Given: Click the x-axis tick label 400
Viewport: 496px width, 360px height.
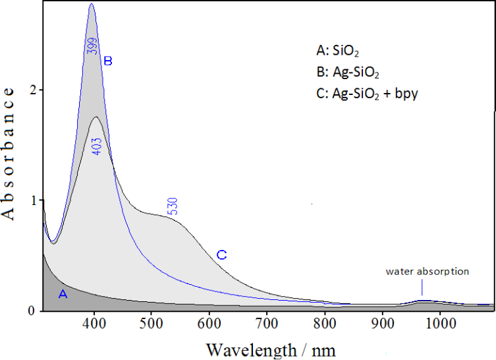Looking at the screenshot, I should (94, 323).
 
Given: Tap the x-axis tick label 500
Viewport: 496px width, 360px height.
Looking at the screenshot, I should (152, 323).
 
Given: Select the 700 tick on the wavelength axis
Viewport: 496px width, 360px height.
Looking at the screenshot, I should (267, 323).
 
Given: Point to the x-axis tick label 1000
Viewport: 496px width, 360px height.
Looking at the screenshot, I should (439, 323).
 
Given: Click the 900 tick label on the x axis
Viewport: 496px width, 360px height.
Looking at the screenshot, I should (382, 323).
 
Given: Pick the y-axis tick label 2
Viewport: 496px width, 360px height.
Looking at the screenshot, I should (31, 90).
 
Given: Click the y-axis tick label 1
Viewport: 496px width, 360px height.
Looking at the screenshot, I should (31, 200).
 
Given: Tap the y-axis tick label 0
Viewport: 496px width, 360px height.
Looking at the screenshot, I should (31, 311).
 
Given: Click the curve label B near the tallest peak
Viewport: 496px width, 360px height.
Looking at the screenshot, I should (109, 61).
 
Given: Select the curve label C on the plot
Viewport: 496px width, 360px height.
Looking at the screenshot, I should (221, 255).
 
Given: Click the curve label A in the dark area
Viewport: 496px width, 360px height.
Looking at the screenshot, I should (63, 295).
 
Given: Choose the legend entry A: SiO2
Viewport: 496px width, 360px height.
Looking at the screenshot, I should (340, 50).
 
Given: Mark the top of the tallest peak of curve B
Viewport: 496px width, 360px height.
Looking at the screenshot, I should (92, 4).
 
